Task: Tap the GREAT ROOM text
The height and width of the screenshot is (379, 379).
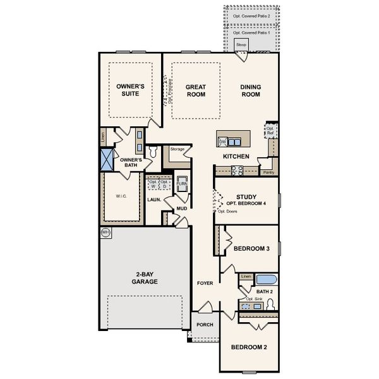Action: pos(196,90)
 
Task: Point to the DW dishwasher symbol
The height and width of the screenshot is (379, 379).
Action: pos(222,141)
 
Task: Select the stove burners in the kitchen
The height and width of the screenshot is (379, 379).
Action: pos(237,169)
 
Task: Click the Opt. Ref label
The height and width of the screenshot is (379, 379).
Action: pos(270,131)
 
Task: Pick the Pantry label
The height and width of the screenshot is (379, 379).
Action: pos(268,171)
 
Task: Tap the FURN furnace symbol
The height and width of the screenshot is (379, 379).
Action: pos(181,184)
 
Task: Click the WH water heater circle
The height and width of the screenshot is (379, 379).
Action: pos(105,232)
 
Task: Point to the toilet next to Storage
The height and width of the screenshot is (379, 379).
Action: pos(152,153)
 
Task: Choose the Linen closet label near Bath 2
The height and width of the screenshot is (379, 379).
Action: pos(246,277)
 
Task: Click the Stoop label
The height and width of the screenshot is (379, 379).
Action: pos(241,45)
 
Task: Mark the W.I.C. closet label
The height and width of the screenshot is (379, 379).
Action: pos(121,196)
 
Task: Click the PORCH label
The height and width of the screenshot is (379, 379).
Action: pos(204,325)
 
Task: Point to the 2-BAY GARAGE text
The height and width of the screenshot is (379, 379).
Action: pos(145,278)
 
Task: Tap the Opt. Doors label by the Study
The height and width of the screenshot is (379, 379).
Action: pos(226,211)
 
